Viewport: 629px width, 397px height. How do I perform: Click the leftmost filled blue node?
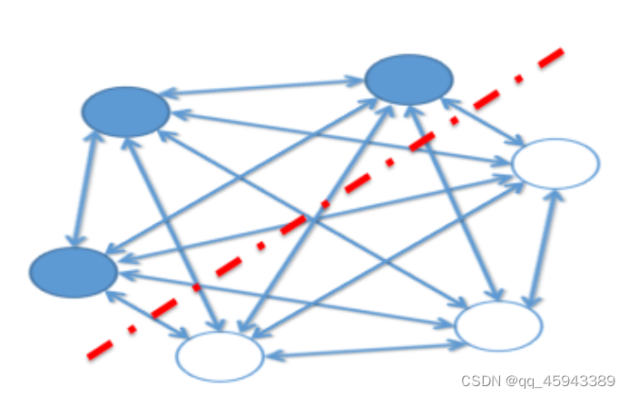pyautogui.click(x=73, y=272)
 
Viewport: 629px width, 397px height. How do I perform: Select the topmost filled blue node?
pyautogui.click(x=408, y=80)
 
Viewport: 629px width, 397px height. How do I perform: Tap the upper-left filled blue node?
pyautogui.click(x=125, y=111)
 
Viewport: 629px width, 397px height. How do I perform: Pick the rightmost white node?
pyautogui.click(x=555, y=164)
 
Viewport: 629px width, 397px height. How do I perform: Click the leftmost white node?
pyautogui.click(x=220, y=356)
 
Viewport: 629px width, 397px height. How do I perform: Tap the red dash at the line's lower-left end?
pyautogui.click(x=101, y=347)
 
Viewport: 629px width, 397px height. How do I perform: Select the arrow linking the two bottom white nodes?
pyautogui.click(x=359, y=351)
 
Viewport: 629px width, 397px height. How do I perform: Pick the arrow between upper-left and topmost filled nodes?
pyautogui.click(x=263, y=88)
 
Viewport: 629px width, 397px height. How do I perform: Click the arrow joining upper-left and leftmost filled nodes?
pyautogui.click(x=83, y=190)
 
